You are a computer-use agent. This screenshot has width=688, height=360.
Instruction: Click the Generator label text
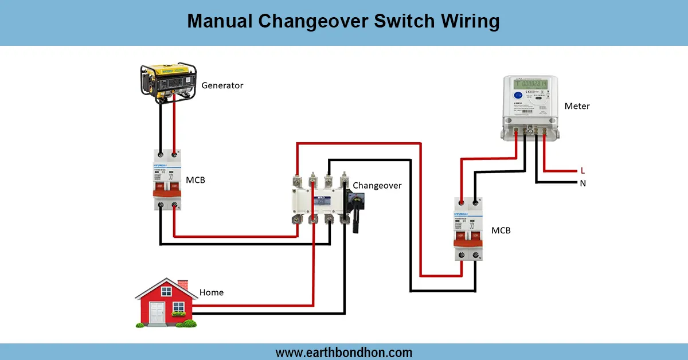click(222, 85)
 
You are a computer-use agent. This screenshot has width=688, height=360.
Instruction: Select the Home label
click(211, 292)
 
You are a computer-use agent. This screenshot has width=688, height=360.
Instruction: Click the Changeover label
click(377, 185)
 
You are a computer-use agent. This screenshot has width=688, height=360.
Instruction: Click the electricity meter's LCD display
click(530, 84)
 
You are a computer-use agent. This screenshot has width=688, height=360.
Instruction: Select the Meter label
click(577, 106)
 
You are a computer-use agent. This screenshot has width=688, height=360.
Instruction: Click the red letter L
click(583, 171)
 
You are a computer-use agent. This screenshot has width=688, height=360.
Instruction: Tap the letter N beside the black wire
click(583, 183)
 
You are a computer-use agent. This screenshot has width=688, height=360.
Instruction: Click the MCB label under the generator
click(195, 180)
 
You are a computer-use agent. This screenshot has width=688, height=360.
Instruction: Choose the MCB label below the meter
click(501, 230)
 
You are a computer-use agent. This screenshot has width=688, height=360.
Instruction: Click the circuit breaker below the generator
click(166, 179)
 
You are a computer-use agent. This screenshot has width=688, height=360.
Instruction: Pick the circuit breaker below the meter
click(468, 229)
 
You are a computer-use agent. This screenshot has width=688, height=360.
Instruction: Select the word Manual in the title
click(219, 22)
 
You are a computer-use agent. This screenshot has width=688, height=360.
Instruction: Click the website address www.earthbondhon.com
click(343, 352)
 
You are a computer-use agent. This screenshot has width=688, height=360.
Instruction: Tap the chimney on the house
click(183, 285)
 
